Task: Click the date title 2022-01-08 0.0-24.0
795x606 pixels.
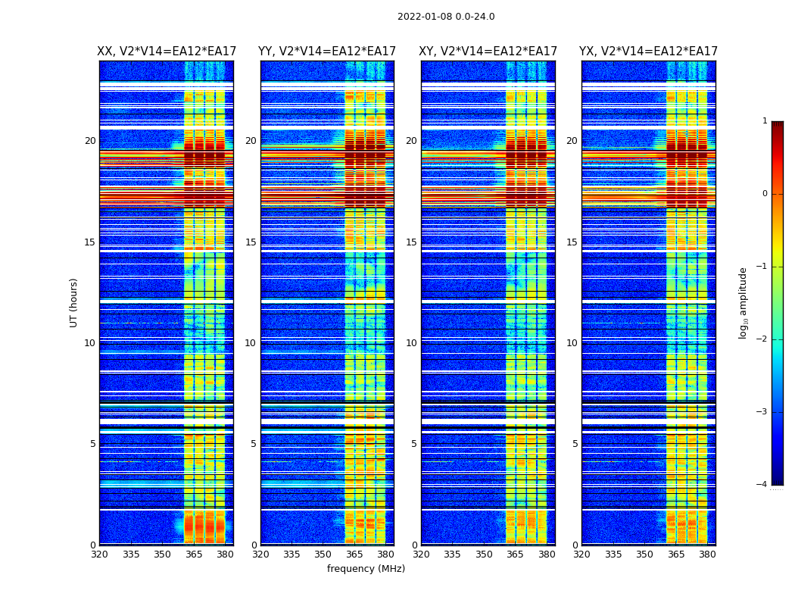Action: point(446,17)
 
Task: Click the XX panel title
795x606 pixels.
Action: point(167,52)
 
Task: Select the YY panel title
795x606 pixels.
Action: point(327,52)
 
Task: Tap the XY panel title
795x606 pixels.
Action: point(488,52)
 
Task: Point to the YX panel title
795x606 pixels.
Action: point(648,52)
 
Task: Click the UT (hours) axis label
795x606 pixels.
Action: point(74,302)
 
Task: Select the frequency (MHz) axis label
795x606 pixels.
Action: point(366,569)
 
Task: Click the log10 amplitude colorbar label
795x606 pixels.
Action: point(744,302)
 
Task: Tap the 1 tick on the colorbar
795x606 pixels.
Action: point(765,121)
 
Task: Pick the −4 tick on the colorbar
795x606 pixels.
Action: point(762,485)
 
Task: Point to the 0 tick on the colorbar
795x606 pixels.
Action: point(765,194)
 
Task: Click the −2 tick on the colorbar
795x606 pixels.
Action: point(762,339)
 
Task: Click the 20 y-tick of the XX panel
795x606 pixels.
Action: point(90,141)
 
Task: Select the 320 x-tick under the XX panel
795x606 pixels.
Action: point(99,554)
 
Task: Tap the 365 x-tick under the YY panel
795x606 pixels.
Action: point(354,554)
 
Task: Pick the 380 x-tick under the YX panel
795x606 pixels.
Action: point(707,554)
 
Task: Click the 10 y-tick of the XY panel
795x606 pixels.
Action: point(411,343)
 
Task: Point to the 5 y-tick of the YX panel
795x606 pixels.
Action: point(575,444)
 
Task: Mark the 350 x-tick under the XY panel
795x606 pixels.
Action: point(484,554)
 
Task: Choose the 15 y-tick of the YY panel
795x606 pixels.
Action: point(251,242)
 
